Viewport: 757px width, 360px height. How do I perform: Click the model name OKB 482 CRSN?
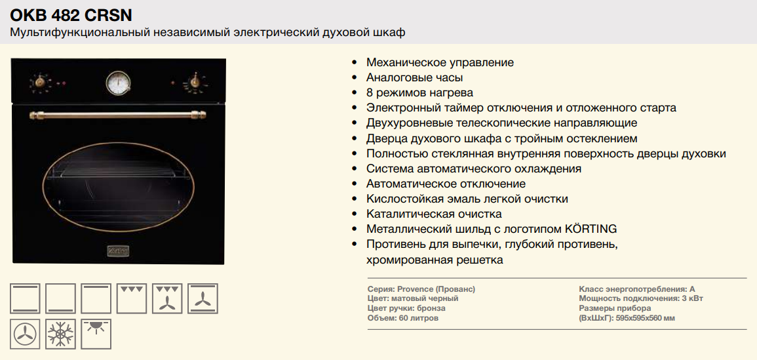coord(71,16)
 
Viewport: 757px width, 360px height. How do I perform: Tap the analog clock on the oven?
coord(118,82)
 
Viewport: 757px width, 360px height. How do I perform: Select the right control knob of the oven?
coord(195,81)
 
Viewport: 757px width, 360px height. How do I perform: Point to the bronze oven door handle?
coord(118,115)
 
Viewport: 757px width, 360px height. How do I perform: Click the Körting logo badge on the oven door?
coord(117,250)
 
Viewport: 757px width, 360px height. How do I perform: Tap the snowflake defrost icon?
coord(61,334)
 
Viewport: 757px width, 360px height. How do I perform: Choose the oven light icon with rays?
coord(96,334)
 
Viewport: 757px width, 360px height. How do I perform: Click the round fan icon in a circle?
coord(25,334)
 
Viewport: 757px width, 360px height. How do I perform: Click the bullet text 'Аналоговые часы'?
coord(415,77)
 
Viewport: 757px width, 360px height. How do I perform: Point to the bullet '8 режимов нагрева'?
coord(419,92)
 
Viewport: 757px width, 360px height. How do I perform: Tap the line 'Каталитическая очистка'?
coord(434,214)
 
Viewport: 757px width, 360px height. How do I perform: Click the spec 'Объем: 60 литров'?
coord(403,318)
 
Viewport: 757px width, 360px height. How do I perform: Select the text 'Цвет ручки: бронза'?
coord(406,308)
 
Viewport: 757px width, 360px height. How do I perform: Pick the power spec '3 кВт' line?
coord(641,298)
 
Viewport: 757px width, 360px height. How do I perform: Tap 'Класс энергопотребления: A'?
coord(637,289)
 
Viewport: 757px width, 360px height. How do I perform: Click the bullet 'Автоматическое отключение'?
coord(446,184)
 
